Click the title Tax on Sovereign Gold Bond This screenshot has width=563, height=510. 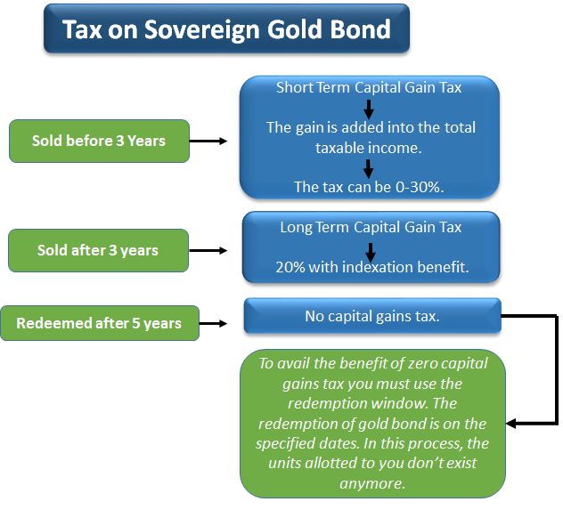click(226, 29)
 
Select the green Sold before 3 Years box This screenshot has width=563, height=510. click(98, 141)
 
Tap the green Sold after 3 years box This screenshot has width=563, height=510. click(98, 250)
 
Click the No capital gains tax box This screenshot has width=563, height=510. click(371, 316)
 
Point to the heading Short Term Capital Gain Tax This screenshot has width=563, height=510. click(369, 87)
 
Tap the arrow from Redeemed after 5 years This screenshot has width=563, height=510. click(220, 323)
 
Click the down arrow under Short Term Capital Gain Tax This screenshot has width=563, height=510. click(369, 108)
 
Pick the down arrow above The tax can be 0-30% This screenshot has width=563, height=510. click(369, 167)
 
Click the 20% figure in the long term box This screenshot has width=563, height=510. click(290, 267)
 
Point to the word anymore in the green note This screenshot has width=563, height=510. click(371, 483)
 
